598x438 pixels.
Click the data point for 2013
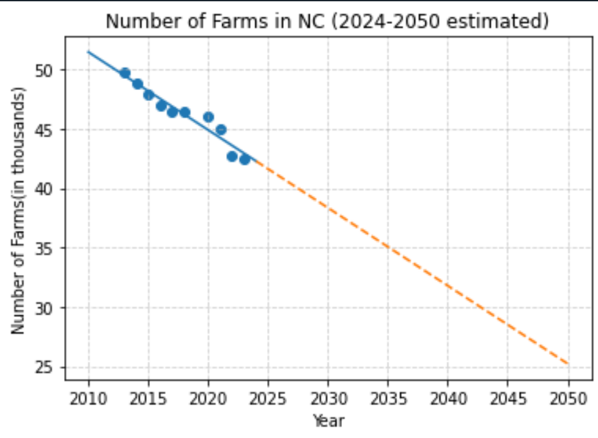click(x=125, y=73)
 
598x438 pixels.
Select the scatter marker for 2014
click(x=137, y=83)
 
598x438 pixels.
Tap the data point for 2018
click(x=185, y=112)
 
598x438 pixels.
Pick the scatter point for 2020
click(x=208, y=117)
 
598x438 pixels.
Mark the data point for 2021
click(x=220, y=129)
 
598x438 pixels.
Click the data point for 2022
click(x=232, y=156)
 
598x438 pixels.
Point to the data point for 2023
click(x=244, y=159)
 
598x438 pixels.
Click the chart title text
click(x=327, y=21)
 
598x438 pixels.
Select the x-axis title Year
click(x=328, y=421)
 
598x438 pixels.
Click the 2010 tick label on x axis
click(x=88, y=395)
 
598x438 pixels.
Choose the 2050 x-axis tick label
click(x=568, y=395)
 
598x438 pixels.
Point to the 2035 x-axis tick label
click(x=388, y=395)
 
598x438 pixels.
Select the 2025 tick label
click(x=268, y=395)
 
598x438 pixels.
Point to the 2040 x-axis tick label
click(x=448, y=395)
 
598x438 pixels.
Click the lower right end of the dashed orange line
click(x=568, y=364)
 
